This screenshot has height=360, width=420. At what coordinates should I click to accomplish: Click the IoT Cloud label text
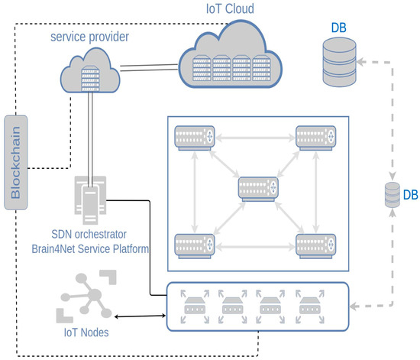pyautogui.click(x=231, y=11)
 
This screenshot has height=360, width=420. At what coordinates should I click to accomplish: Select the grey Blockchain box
pyautogui.click(x=16, y=161)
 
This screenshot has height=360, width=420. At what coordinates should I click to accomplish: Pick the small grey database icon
pyautogui.click(x=391, y=198)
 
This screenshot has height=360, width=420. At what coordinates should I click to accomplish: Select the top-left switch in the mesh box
pyautogui.click(x=193, y=138)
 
